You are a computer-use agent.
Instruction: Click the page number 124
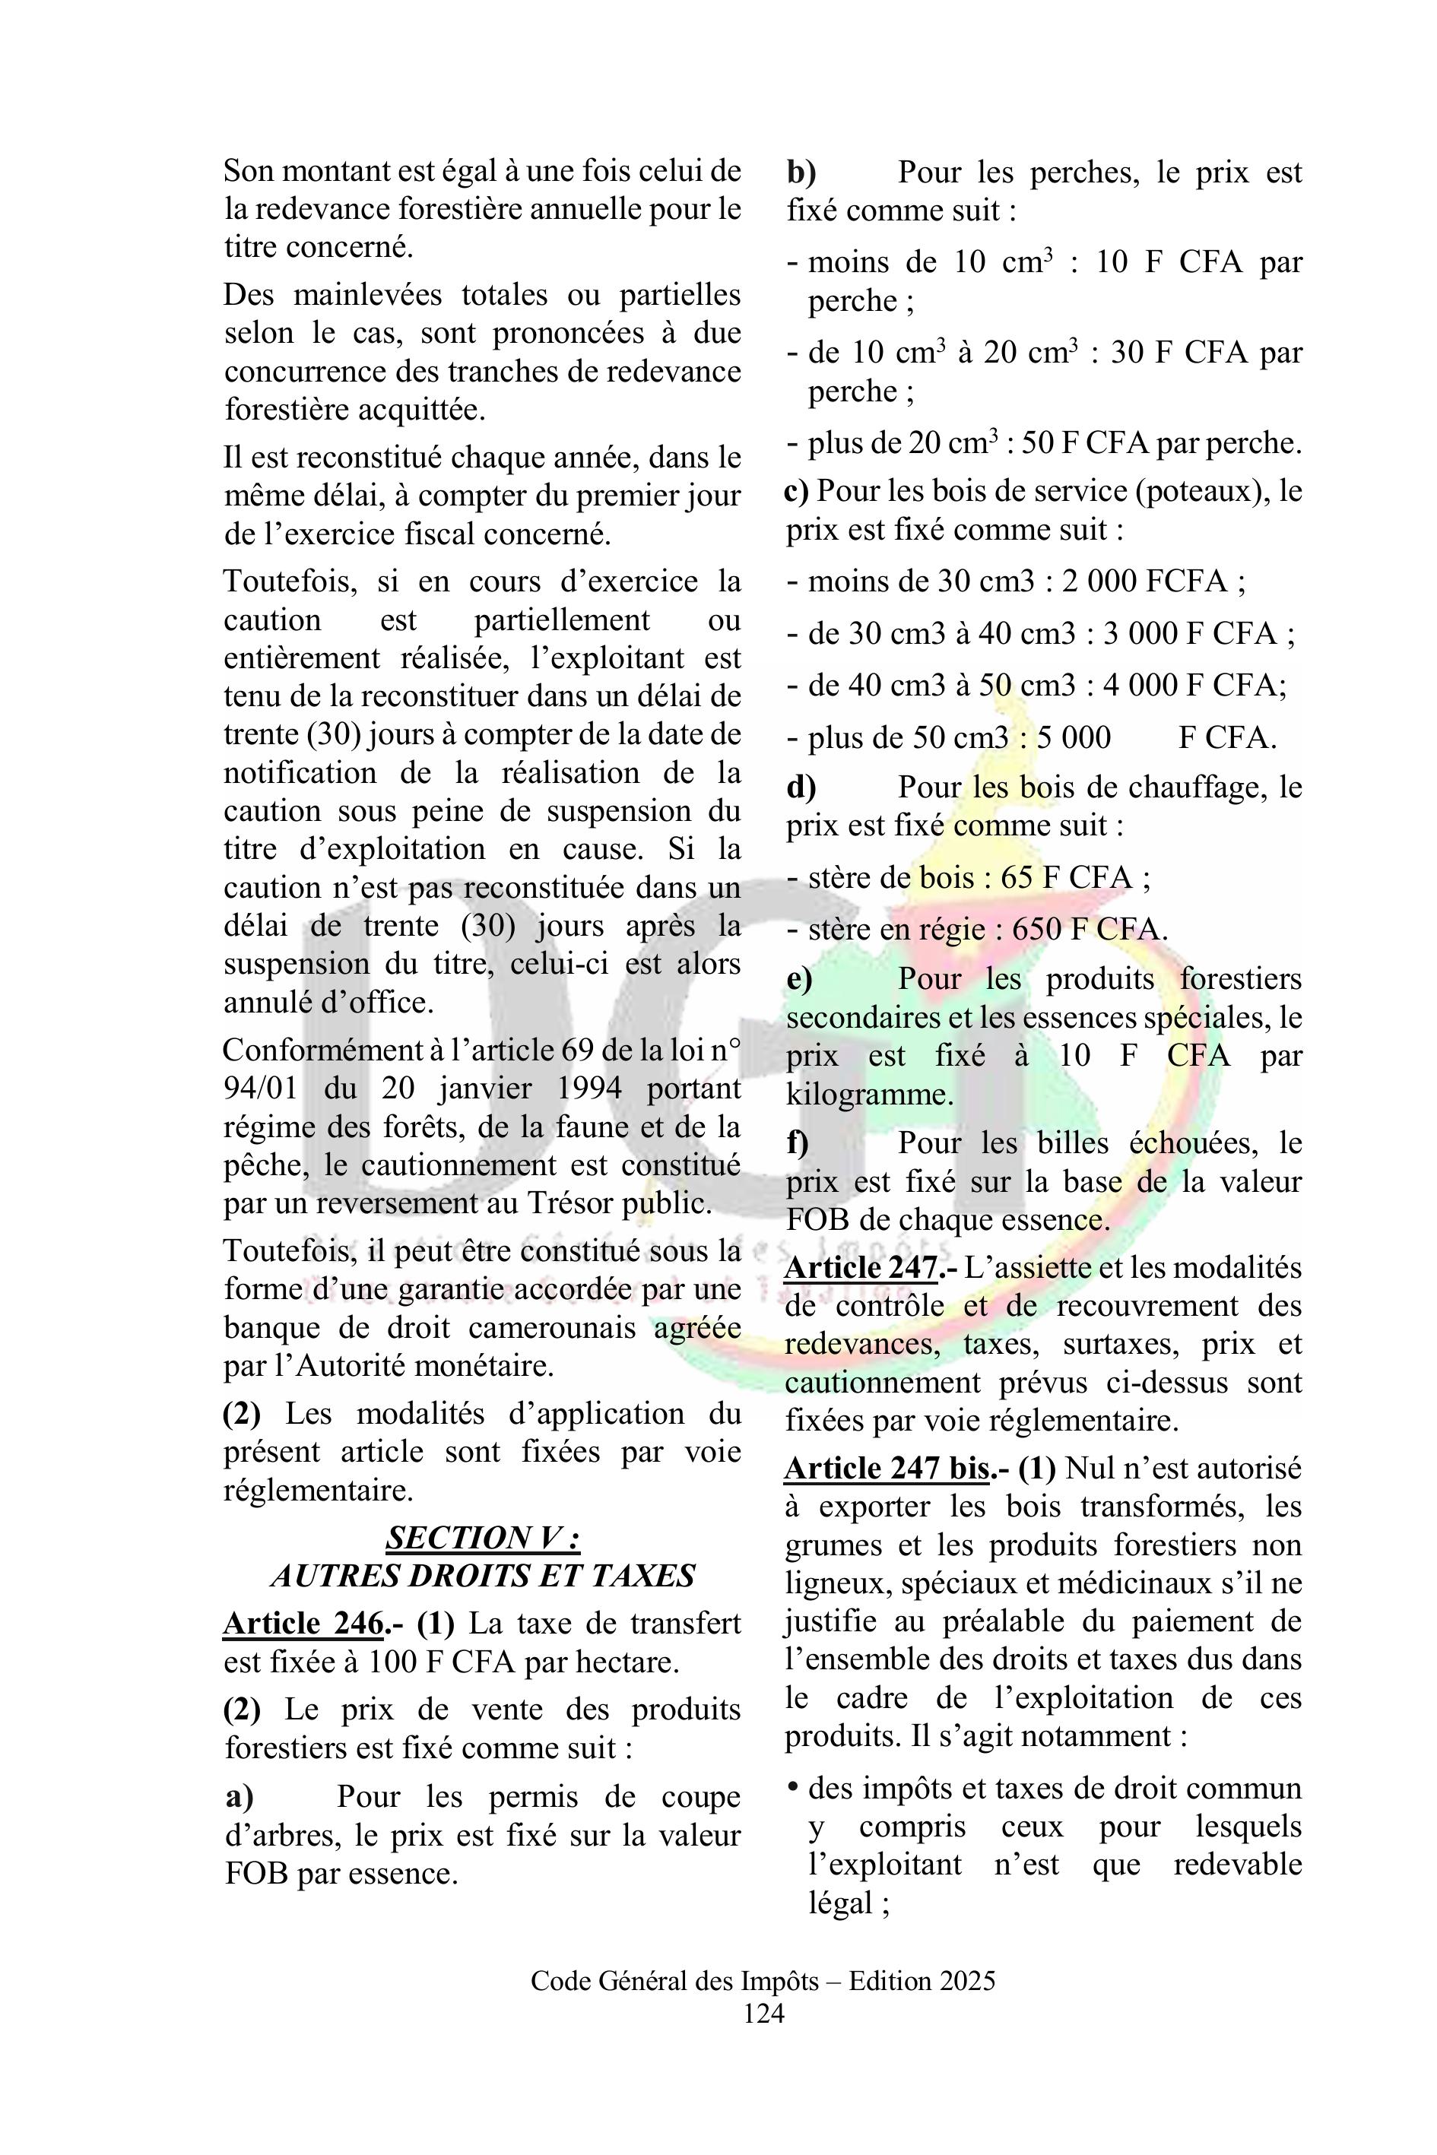(x=763, y=2013)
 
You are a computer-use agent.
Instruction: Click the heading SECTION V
(x=482, y=1538)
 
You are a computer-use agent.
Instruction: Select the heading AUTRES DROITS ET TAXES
(x=482, y=1576)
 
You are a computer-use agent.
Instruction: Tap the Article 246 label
(x=303, y=1624)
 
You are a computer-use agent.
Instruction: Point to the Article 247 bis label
(x=887, y=1469)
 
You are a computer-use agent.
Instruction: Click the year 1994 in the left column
(x=583, y=1089)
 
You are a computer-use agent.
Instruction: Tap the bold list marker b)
(x=801, y=173)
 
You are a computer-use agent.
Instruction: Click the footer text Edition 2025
(x=922, y=1982)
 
